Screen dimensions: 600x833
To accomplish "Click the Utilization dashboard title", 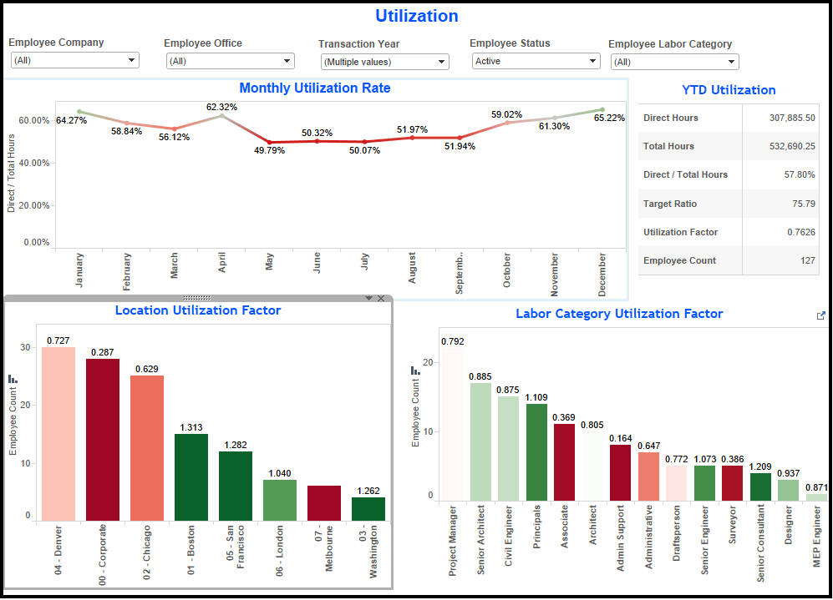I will (x=416, y=16).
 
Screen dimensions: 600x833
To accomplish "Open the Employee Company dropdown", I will (x=74, y=61).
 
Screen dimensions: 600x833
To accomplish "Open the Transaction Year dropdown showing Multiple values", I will (x=384, y=62).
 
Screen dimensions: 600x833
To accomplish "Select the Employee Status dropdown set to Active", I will (x=536, y=61).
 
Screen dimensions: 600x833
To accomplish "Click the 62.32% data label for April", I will (x=221, y=107).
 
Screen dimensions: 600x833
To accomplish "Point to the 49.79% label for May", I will (x=269, y=151).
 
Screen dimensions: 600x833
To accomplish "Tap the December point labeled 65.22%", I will (x=602, y=110).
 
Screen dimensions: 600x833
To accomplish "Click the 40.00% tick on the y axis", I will (x=34, y=163).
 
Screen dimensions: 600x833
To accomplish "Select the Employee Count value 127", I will (x=807, y=260).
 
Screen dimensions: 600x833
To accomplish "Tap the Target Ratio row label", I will (x=670, y=204).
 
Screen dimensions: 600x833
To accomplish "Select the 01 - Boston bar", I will (x=191, y=477).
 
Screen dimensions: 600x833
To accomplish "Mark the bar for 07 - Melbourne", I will (x=324, y=503).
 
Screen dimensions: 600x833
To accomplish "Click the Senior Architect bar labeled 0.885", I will (x=480, y=441).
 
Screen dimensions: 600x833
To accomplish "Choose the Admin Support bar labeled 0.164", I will (x=620, y=472).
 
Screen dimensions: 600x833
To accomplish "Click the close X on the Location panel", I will (x=381, y=299).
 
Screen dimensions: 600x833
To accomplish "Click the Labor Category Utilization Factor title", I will (x=619, y=314).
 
